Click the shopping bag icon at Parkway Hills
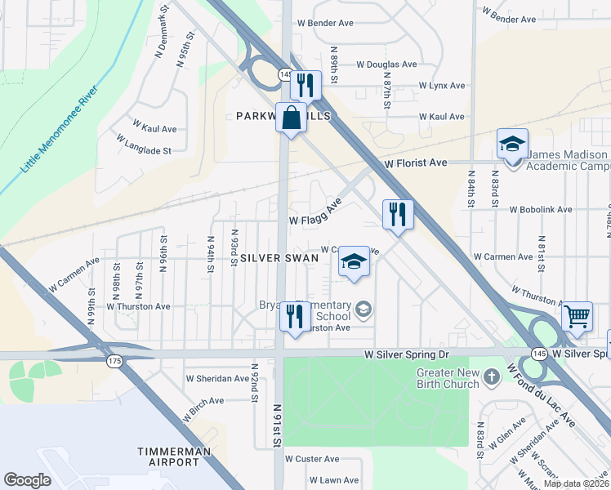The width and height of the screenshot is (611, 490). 291,118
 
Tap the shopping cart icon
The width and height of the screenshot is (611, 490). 578,314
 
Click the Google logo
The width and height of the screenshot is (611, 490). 27,480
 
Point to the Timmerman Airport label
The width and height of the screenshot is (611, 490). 168,457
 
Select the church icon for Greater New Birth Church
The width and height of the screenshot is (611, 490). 491,376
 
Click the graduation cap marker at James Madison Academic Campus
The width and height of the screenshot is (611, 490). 512,145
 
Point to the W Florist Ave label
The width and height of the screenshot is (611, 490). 416,163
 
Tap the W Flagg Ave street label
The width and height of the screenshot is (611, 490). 315,214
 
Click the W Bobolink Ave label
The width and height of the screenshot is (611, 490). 541,209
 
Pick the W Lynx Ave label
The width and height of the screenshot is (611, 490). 441,85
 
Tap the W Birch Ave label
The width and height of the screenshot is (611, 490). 203,408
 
